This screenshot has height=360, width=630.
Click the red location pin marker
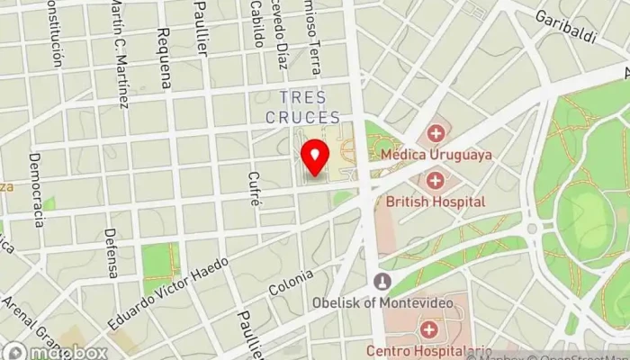pyautogui.click(x=315, y=157)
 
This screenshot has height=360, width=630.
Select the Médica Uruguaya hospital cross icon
pyautogui.click(x=436, y=134)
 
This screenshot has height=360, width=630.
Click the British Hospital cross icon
pyautogui.click(x=436, y=181)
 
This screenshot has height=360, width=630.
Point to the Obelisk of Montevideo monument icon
pyautogui.click(x=382, y=282)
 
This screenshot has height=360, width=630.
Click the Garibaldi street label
pyautogui.click(x=566, y=24)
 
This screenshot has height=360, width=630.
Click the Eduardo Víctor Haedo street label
pyautogui.click(x=170, y=289)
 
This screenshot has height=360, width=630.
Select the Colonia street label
pyautogui.click(x=292, y=283)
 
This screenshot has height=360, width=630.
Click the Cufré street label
pyautogui.click(x=255, y=189)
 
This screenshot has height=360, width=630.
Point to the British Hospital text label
pyautogui.click(x=436, y=202)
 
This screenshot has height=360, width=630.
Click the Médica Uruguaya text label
pyautogui.click(x=436, y=155)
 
